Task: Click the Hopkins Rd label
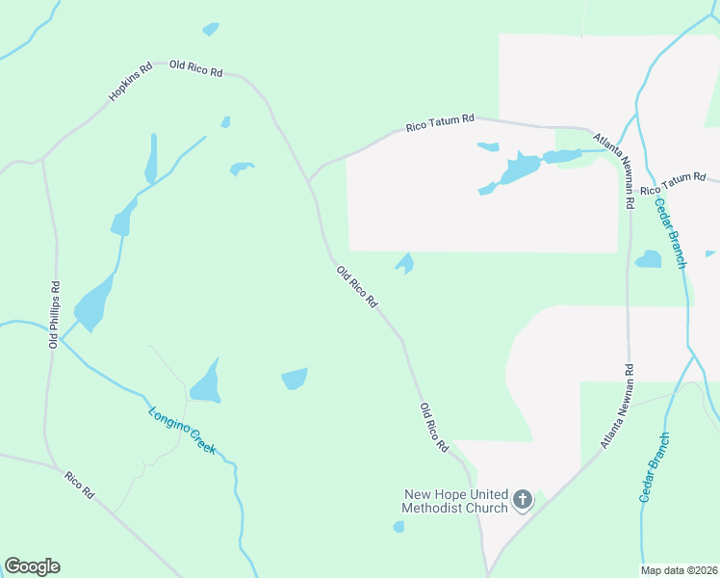click(130, 83)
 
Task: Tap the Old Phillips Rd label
click(55, 315)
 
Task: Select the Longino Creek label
click(182, 431)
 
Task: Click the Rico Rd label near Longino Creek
click(80, 485)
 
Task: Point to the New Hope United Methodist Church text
click(455, 501)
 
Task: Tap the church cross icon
click(522, 499)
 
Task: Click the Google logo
click(32, 566)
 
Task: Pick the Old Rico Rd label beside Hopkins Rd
click(196, 69)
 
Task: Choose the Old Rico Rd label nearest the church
click(435, 429)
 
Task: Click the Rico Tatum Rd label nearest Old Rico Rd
click(440, 122)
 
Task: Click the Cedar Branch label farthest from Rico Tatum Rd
click(655, 466)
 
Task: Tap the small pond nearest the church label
click(399, 526)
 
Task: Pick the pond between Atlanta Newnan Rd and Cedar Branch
click(649, 258)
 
